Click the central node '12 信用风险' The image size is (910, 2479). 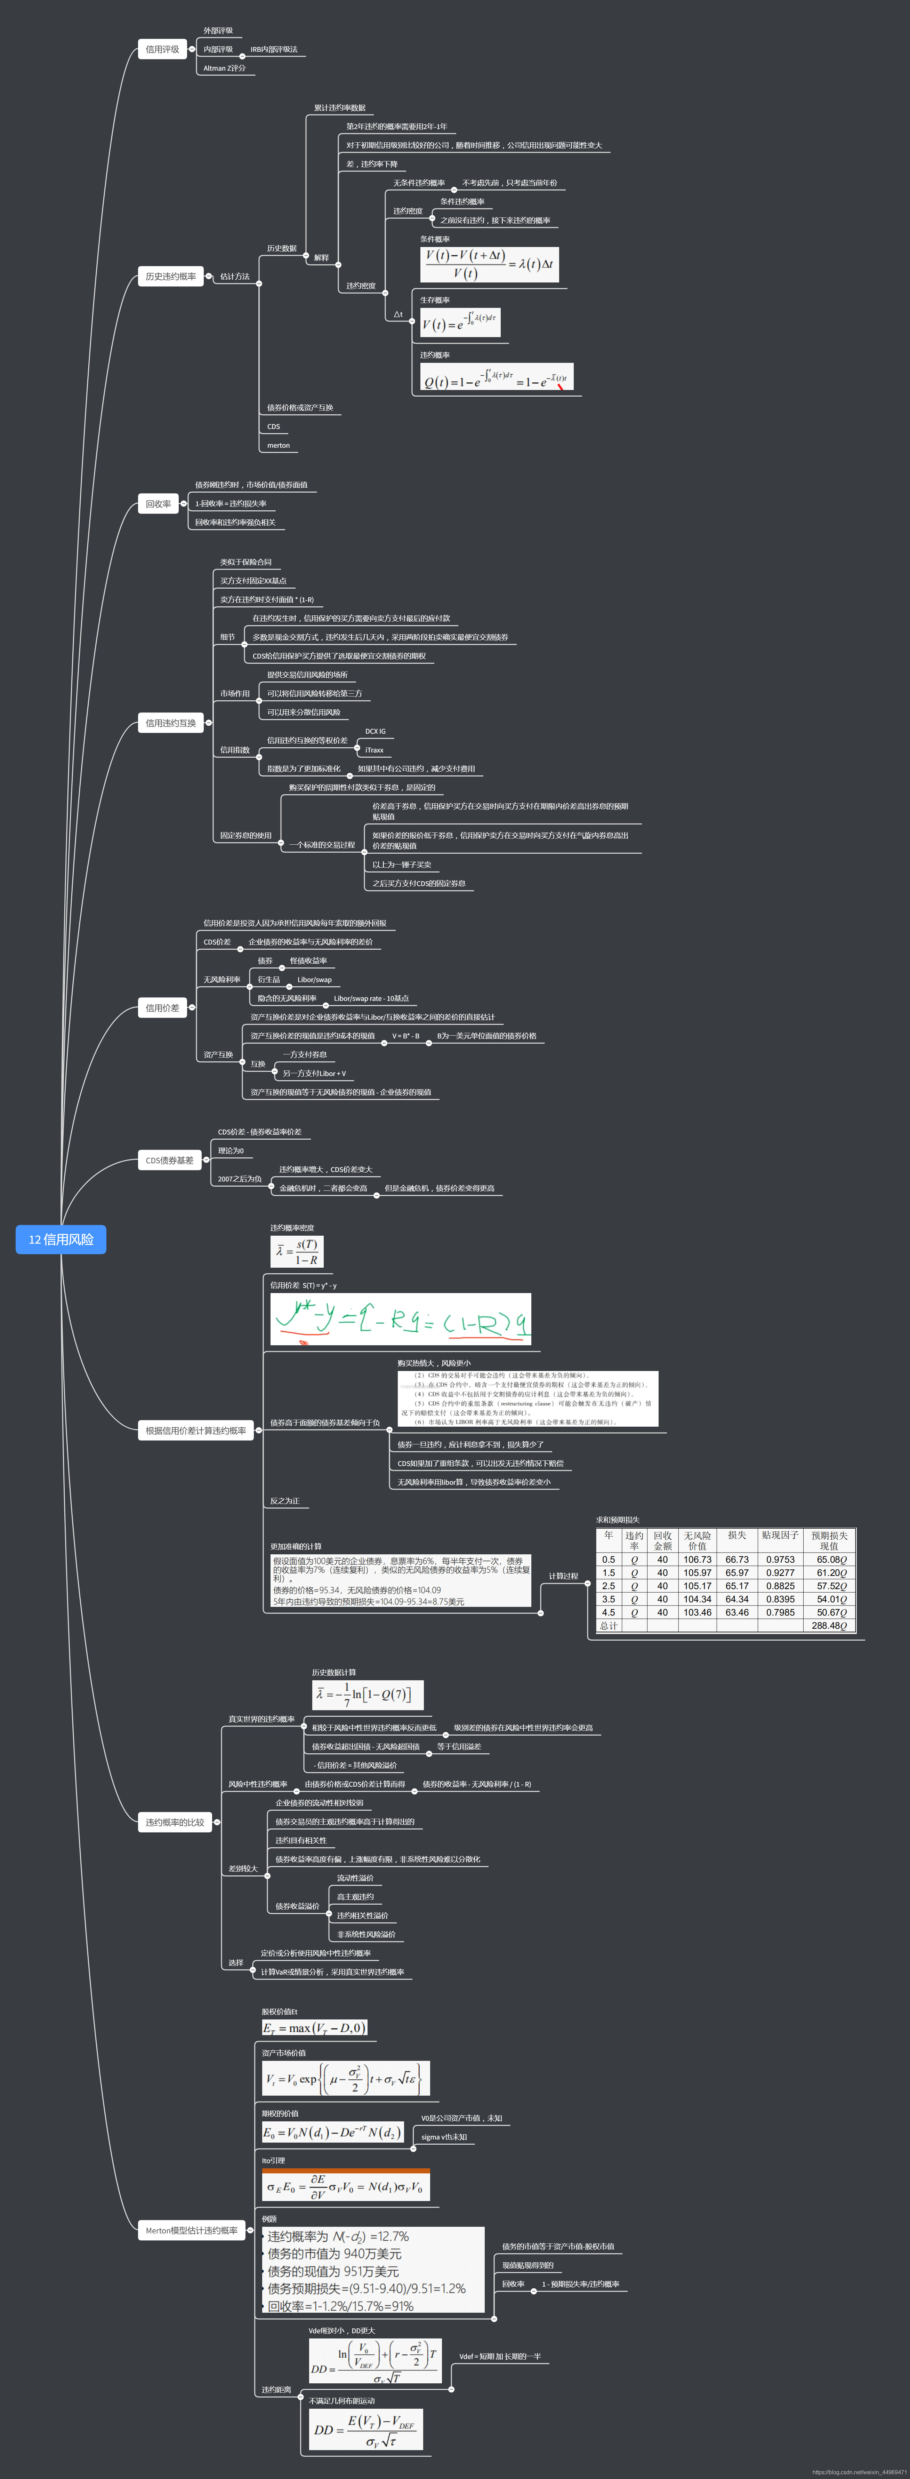tap(61, 1239)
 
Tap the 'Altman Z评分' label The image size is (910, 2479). tap(224, 68)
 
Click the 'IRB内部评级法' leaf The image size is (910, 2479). tap(274, 49)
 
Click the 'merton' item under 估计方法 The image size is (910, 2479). tap(278, 446)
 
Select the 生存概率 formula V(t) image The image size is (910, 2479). tap(459, 322)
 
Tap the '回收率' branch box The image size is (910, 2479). tap(158, 503)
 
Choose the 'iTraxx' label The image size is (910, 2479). tap(374, 750)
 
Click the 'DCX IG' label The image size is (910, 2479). tap(375, 731)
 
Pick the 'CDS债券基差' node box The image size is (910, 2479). tap(169, 1161)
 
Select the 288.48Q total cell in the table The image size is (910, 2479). tap(828, 1625)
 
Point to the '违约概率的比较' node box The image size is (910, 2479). tap(174, 1823)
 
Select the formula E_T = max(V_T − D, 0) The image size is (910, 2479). tap(314, 2028)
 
